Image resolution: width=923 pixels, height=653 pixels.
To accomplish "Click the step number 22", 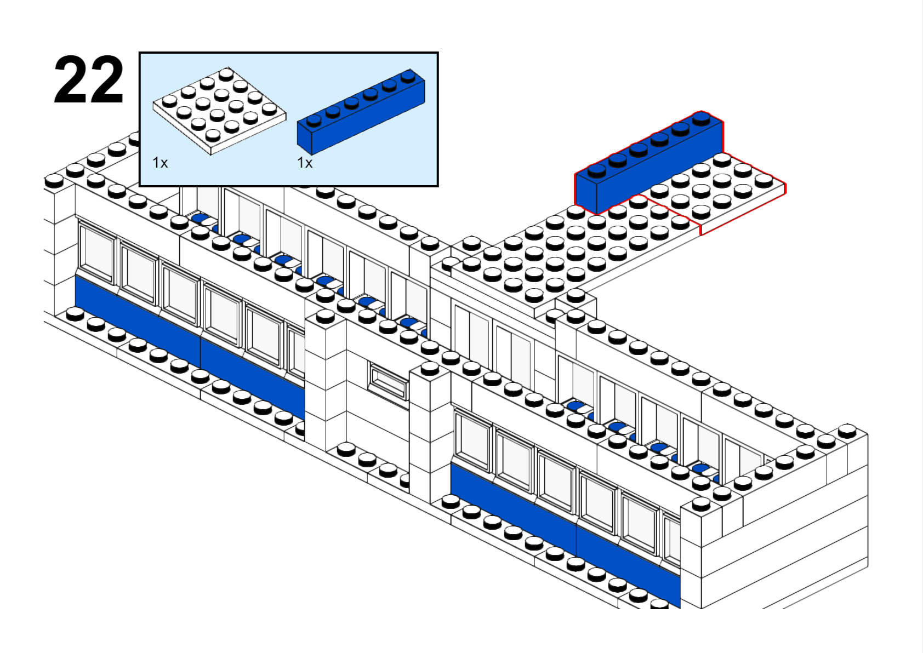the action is tap(89, 80).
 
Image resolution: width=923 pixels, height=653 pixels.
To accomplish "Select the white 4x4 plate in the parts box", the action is tap(220, 111).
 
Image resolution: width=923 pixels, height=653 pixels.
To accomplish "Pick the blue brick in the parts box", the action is tap(361, 112).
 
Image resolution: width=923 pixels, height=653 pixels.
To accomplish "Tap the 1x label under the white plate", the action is tap(160, 163).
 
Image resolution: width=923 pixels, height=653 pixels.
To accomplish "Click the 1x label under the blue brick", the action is tap(305, 163).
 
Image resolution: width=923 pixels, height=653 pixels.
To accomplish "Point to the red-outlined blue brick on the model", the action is tap(649, 163).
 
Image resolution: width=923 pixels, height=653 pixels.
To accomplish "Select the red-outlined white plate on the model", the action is tap(717, 193).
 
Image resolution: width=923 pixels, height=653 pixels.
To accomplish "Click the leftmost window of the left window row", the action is tap(96, 252).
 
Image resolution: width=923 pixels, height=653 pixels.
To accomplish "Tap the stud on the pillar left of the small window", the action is tap(326, 316).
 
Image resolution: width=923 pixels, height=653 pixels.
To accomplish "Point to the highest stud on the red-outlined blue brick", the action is tap(702, 118).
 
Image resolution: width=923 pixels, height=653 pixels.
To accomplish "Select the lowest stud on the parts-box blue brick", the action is tap(314, 120).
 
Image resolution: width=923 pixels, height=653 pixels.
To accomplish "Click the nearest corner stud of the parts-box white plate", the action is tap(212, 135).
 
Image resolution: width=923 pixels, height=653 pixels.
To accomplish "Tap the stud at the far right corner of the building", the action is tap(847, 431).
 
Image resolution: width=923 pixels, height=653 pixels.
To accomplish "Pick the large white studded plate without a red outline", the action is tap(573, 251).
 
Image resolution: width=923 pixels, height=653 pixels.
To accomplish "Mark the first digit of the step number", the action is tap(71, 80).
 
